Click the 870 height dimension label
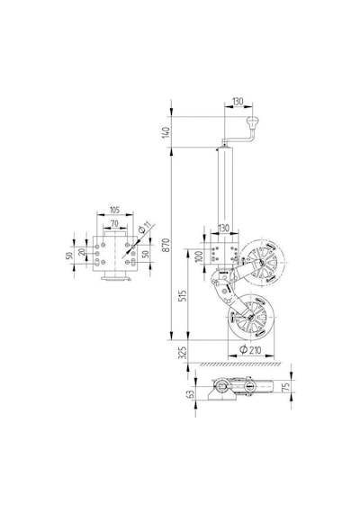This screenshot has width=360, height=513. click(166, 245)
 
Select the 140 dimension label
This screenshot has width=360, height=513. click(166, 132)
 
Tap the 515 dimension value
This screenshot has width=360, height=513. click(184, 296)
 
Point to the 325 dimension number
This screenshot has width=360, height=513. click(184, 353)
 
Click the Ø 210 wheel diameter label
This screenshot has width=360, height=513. click(251, 350)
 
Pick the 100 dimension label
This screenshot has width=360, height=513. click(199, 256)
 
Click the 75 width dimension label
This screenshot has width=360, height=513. click(285, 387)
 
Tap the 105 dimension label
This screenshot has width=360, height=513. click(114, 210)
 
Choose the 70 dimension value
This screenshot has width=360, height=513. click(114, 224)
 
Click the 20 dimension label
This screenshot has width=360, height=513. click(82, 252)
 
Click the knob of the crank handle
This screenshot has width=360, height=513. click(252, 122)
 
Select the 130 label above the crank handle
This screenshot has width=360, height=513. click(238, 102)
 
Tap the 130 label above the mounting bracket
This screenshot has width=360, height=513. click(224, 228)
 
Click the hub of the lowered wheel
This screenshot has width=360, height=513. click(251, 317)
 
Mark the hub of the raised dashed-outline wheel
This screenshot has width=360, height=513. click(262, 261)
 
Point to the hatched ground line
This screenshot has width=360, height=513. click(240, 364)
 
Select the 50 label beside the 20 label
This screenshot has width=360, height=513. click(69, 256)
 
